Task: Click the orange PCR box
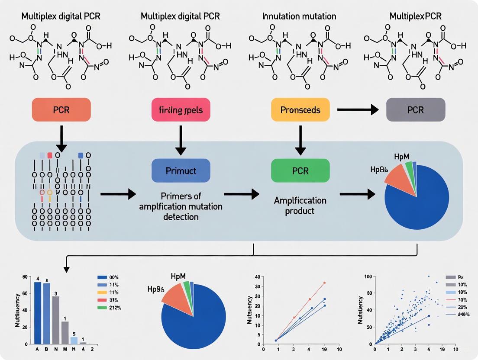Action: click(x=61, y=109)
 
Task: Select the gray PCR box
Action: click(x=416, y=109)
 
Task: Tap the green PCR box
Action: click(x=300, y=170)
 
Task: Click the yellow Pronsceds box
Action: click(x=300, y=109)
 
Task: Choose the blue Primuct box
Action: click(x=181, y=170)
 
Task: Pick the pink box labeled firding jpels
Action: click(x=181, y=109)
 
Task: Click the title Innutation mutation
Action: click(x=300, y=16)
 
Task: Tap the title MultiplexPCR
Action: click(x=415, y=16)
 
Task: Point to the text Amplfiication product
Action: click(x=300, y=206)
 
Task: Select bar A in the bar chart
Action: click(x=37, y=313)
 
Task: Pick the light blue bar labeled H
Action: click(x=74, y=341)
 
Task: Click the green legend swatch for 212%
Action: click(x=102, y=308)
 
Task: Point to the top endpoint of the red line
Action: click(x=325, y=283)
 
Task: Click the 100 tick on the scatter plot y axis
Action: click(x=368, y=276)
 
